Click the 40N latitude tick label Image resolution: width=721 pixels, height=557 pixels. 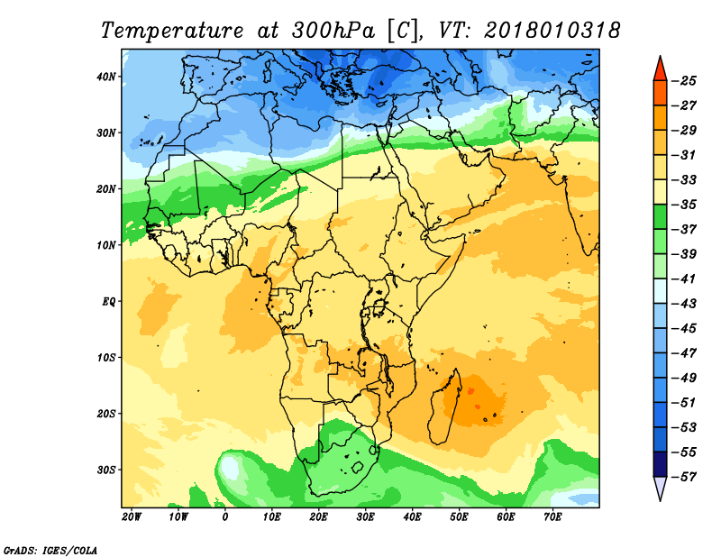click(x=106, y=77)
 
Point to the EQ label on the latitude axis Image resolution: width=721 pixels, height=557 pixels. click(x=108, y=302)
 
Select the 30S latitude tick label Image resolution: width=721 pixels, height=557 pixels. click(x=106, y=470)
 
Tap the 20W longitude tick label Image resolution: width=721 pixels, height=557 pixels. click(x=132, y=517)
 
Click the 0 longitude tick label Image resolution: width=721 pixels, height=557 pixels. click(x=224, y=517)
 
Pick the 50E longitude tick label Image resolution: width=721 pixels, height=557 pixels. click(x=459, y=517)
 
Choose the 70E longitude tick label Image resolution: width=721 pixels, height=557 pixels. click(x=552, y=517)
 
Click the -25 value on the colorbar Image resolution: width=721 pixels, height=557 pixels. click(x=684, y=81)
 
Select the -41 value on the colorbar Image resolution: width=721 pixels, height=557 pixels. click(x=684, y=279)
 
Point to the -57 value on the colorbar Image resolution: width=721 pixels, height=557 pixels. click(x=684, y=477)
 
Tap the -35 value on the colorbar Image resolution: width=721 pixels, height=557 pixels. click(x=684, y=205)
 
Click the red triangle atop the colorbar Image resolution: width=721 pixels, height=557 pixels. click(x=660, y=70)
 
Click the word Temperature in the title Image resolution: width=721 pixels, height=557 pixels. click(x=172, y=32)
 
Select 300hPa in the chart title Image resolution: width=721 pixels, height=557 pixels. click(x=333, y=31)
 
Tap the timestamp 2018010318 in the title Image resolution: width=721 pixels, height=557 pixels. click(x=552, y=31)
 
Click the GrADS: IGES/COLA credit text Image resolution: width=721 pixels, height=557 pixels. click(x=50, y=551)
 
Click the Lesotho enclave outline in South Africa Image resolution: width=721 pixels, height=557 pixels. click(x=358, y=467)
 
